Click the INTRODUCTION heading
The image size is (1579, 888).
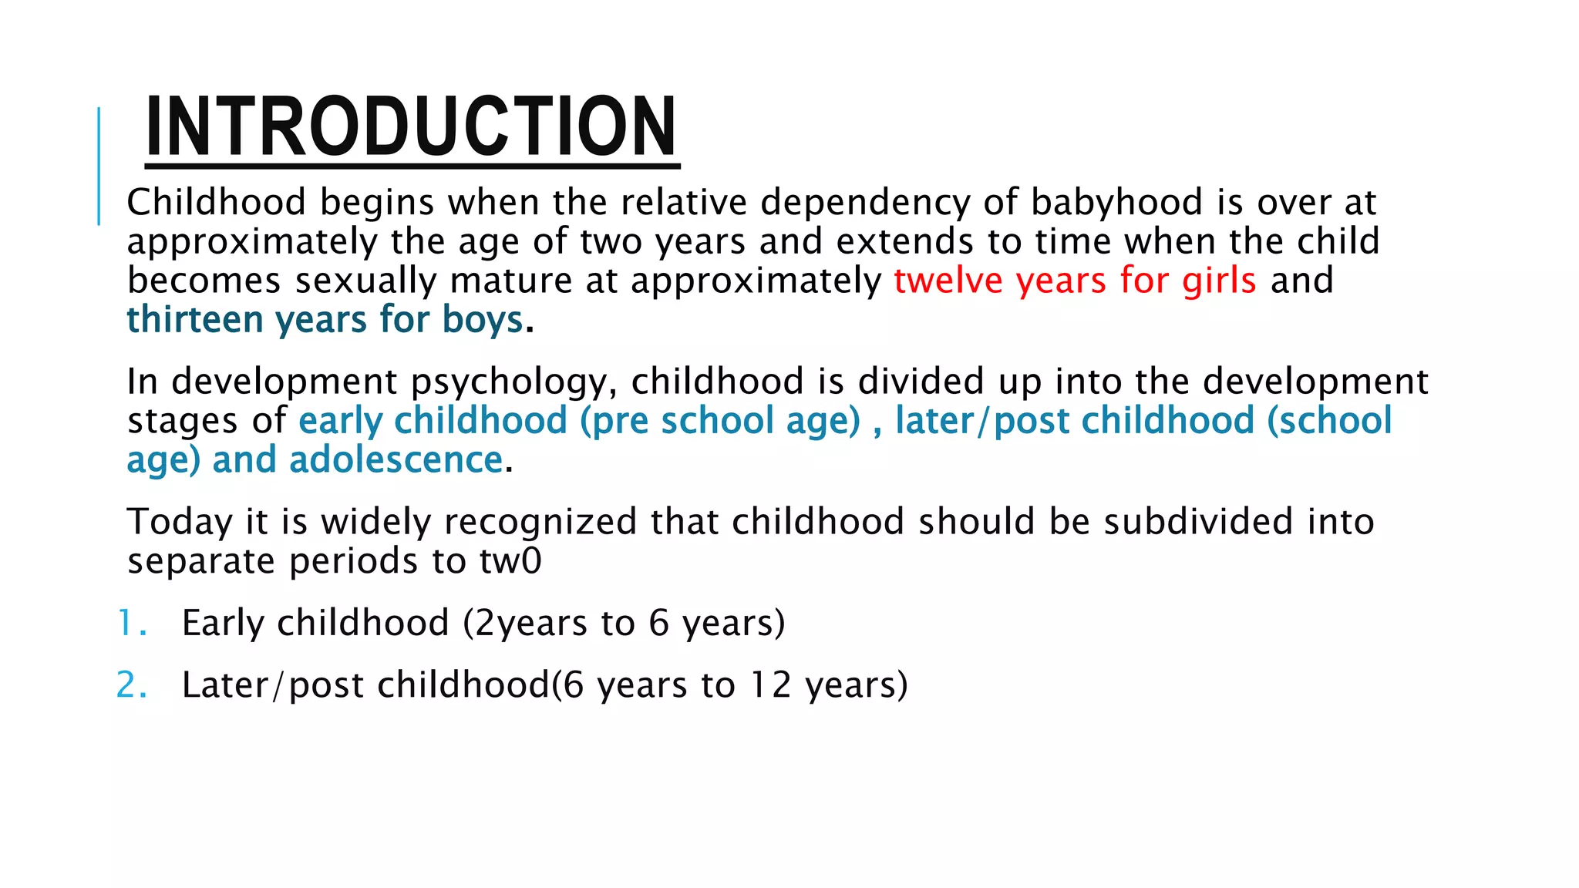(x=411, y=126)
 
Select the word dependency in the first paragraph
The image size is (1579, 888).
(x=865, y=203)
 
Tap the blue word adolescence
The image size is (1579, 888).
(x=396, y=460)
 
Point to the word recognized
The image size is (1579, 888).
(x=540, y=523)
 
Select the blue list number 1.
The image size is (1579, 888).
(x=130, y=623)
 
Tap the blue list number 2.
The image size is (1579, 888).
(x=130, y=685)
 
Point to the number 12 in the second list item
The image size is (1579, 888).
(x=771, y=685)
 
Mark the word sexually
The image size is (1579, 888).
(x=365, y=281)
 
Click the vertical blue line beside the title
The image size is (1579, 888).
(x=99, y=166)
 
